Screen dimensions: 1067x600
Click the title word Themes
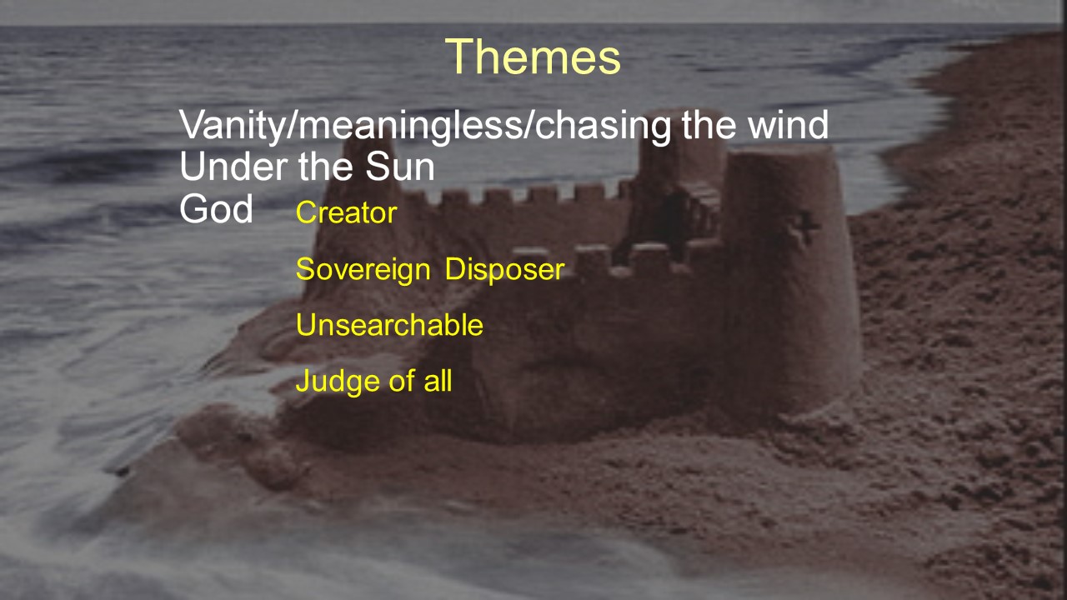pos(533,57)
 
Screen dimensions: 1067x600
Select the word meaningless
pos(411,126)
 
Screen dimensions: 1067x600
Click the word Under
pos(234,167)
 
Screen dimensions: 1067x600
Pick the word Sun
pos(399,167)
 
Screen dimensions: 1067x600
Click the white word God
pos(216,208)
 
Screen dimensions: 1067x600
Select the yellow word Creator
pos(346,212)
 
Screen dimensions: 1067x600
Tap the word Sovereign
pos(363,269)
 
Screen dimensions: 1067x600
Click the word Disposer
pos(504,269)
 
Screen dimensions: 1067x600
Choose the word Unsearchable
pos(389,325)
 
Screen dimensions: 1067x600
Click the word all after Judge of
pos(438,381)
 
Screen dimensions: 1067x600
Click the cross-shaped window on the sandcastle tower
pos(804,227)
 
